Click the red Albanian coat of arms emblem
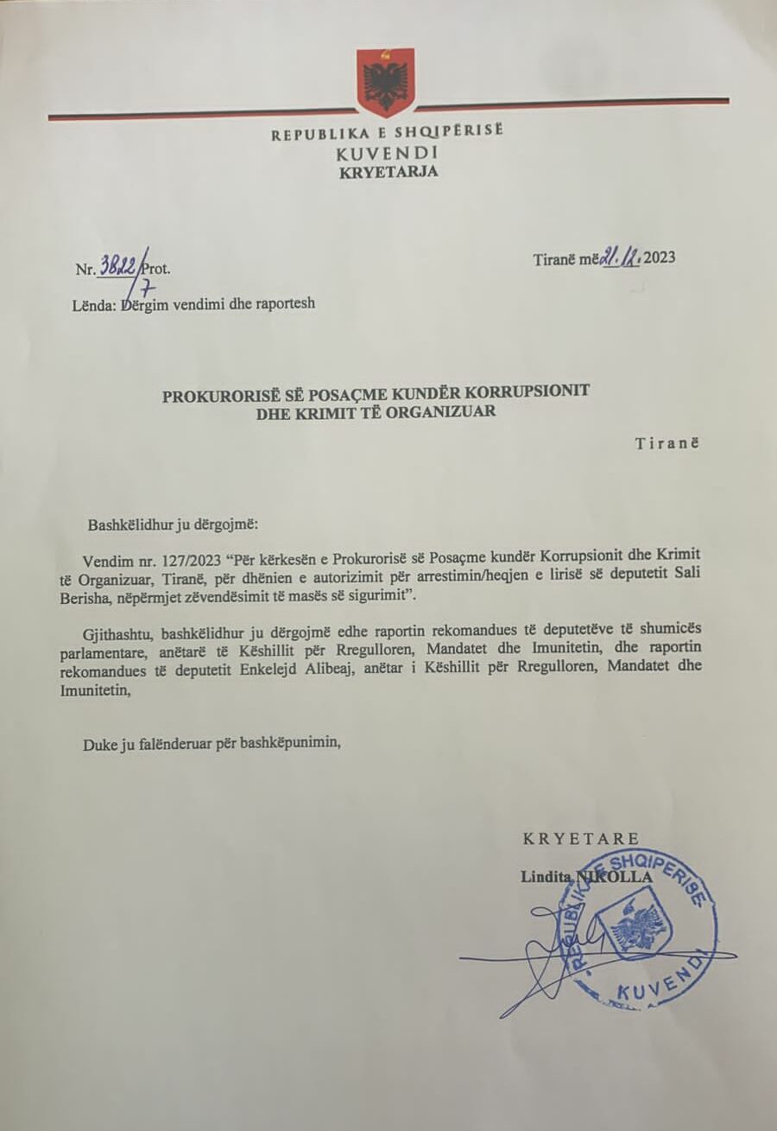click(x=385, y=82)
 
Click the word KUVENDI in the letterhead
click(x=388, y=153)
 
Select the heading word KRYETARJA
click(x=388, y=171)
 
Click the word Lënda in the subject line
click(x=94, y=303)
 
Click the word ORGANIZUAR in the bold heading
click(x=450, y=412)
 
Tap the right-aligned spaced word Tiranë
click(x=666, y=444)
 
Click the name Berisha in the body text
click(x=92, y=597)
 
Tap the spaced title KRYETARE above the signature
click(x=581, y=838)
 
